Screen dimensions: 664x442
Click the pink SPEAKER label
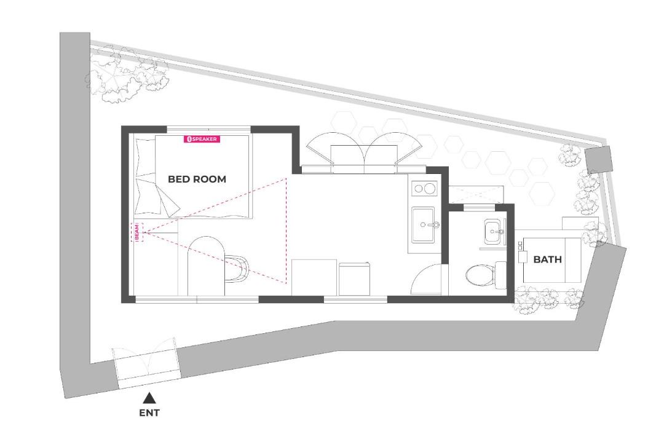pos(202,139)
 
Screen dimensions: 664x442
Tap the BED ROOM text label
pos(197,179)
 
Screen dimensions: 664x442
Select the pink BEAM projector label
pos(137,232)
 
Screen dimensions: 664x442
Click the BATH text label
pos(548,259)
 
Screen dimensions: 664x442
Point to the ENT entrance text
pos(149,412)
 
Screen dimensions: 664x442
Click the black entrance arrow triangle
pos(149,398)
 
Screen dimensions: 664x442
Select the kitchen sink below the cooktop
pos(424,224)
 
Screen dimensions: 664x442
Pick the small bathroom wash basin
pos(494,231)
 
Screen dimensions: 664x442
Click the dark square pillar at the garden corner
pos(598,158)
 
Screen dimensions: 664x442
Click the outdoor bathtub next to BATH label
pos(551,260)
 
